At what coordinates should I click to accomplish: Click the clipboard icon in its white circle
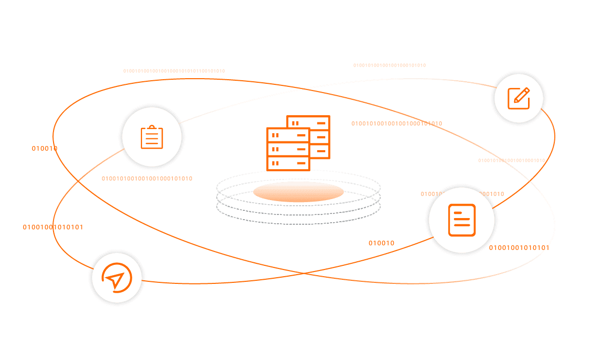coord(152,137)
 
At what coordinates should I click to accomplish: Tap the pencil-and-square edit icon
coord(518,98)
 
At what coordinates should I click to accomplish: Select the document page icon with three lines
coord(462,220)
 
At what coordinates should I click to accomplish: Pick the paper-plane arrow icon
coord(116,278)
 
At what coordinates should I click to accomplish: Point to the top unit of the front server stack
coord(288,135)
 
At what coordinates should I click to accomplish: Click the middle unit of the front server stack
coord(288,149)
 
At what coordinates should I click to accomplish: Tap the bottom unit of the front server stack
coord(288,163)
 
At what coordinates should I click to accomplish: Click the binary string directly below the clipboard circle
coord(147,179)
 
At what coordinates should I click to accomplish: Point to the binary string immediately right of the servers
coord(397,123)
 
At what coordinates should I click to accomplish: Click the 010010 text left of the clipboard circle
coord(44,149)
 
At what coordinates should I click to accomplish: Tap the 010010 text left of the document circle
coord(381,243)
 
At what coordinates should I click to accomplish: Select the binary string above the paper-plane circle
coord(52,227)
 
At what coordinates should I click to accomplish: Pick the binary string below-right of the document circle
coord(519,248)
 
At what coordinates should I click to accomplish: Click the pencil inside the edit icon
coord(521,95)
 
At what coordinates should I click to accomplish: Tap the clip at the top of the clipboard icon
coord(152,128)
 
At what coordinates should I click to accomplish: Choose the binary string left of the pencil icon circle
coord(390,65)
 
